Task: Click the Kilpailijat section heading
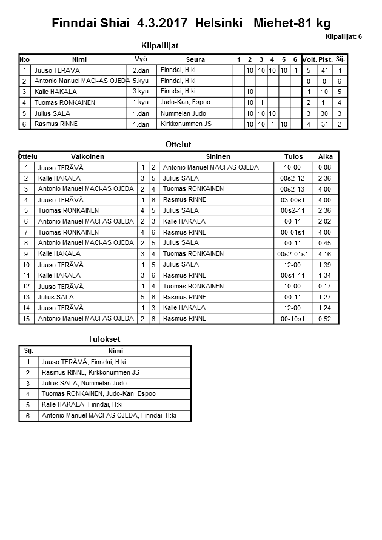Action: pyautogui.click(x=159, y=45)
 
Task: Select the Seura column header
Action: pyautogui.click(x=195, y=59)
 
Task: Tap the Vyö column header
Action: pyautogui.click(x=141, y=59)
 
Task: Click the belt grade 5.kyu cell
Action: pyautogui.click(x=141, y=81)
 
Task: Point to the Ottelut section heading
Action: pyautogui.click(x=178, y=145)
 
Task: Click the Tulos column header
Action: pyautogui.click(x=294, y=156)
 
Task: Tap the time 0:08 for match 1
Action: pyautogui.click(x=325, y=167)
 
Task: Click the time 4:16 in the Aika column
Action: pyautogui.click(x=325, y=254)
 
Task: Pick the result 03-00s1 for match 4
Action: pyautogui.click(x=293, y=200)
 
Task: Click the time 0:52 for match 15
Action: pyautogui.click(x=325, y=319)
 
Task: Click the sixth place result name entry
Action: pyautogui.click(x=109, y=416)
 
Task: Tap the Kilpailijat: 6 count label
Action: pyautogui.click(x=344, y=36)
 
